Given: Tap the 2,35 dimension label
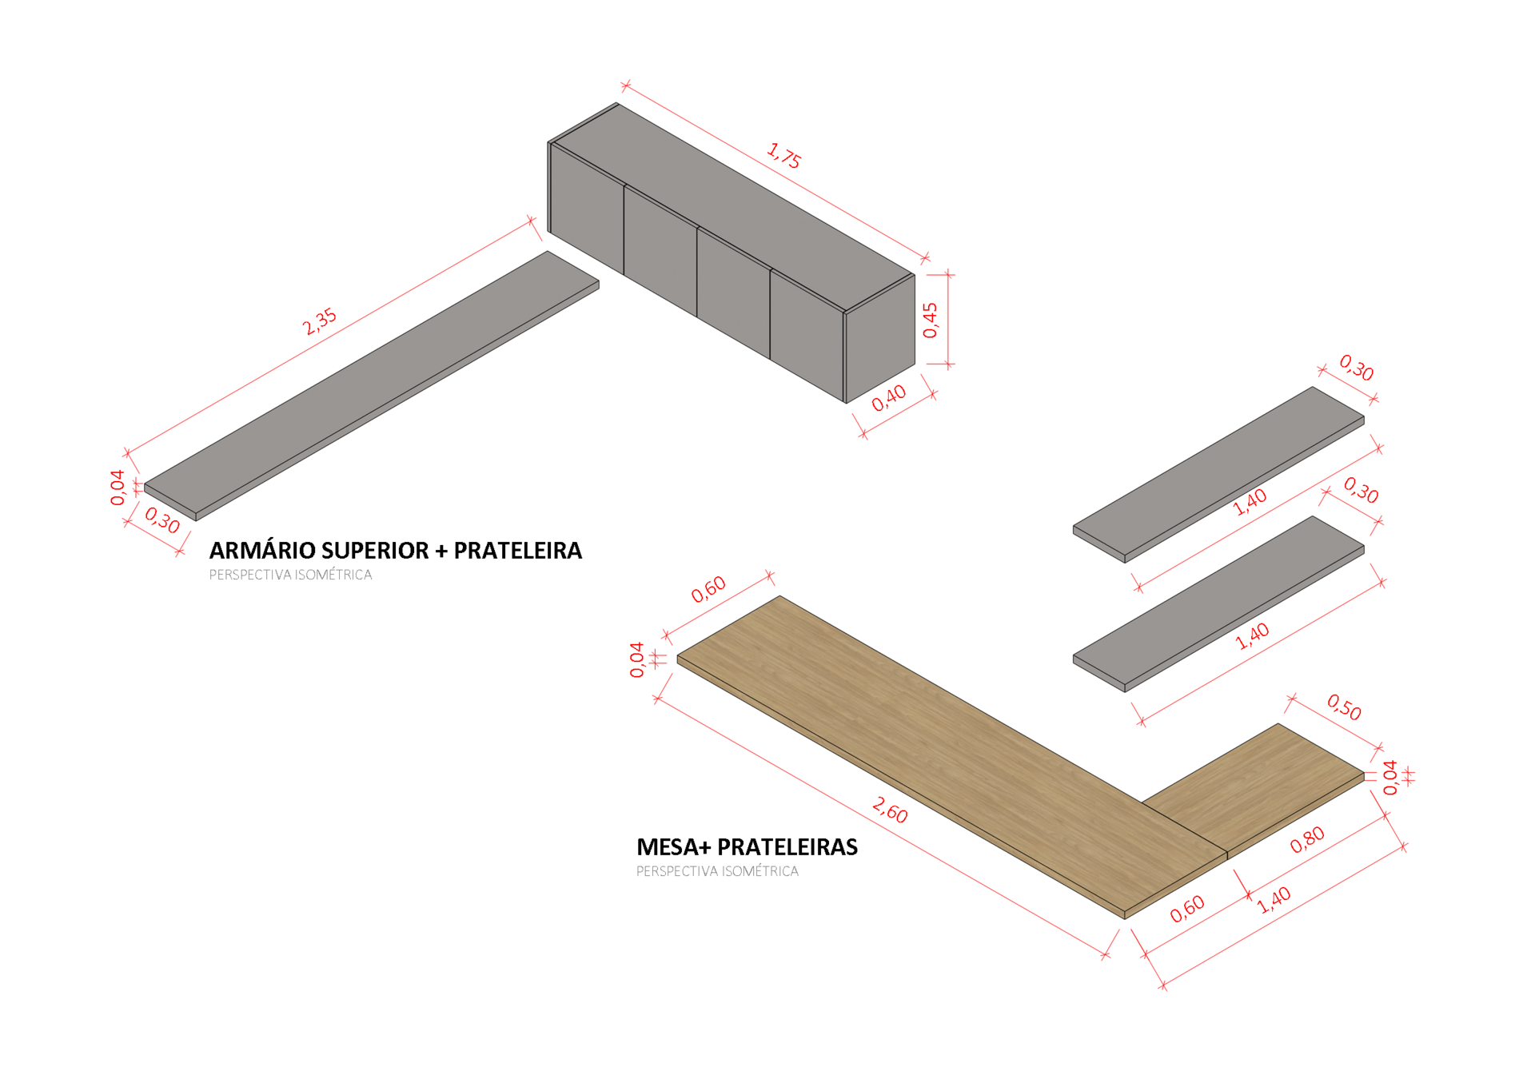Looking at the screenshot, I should pos(320,321).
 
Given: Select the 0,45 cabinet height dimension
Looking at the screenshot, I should pos(931,320).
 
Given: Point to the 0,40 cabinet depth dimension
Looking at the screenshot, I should pos(889,398).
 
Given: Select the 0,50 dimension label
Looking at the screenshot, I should pos(1345,707).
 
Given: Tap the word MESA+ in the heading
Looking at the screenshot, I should pos(672,847).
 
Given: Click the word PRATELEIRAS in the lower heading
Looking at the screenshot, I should pos(787,847).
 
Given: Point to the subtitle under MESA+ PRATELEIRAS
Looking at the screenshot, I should pos(717,871).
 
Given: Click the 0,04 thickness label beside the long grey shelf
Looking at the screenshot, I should pos(118,488).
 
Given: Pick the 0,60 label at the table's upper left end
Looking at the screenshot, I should pos(708,589).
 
